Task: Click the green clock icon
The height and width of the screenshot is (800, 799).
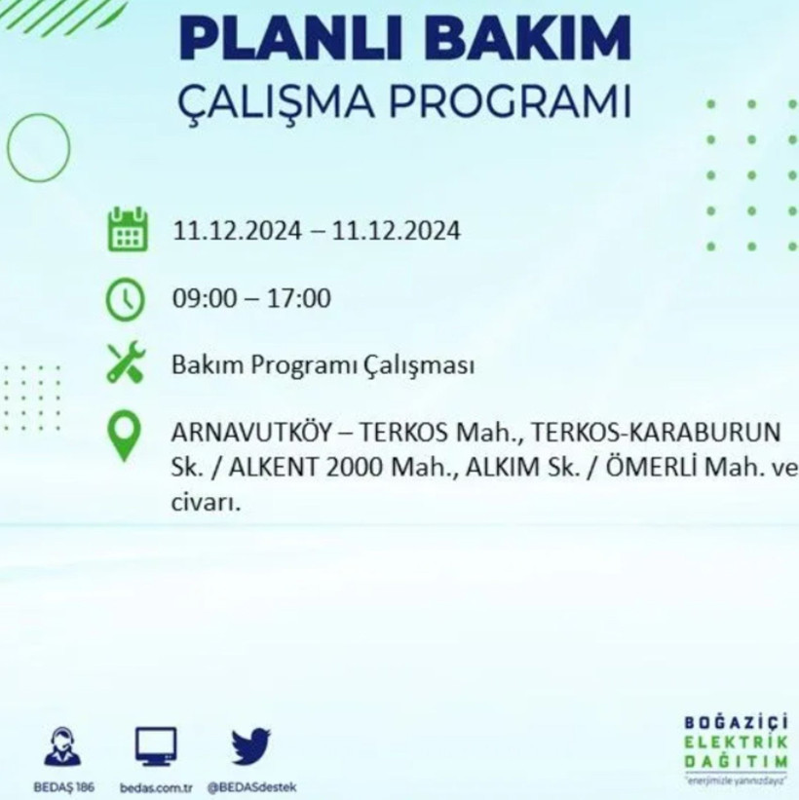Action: point(128,298)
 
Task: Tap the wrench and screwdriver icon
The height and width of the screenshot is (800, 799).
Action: point(127,365)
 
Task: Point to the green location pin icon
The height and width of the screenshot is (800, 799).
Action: point(127,436)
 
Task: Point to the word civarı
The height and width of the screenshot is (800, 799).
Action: point(204,504)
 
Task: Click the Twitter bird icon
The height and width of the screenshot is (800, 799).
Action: point(250,747)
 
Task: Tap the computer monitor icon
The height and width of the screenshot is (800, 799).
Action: point(156,747)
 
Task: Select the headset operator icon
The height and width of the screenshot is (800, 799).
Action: point(62,747)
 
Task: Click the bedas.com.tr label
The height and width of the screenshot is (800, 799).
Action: point(156,786)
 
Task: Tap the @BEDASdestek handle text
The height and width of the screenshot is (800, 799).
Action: point(251,786)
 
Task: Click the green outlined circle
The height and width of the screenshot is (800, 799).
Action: point(39,147)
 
